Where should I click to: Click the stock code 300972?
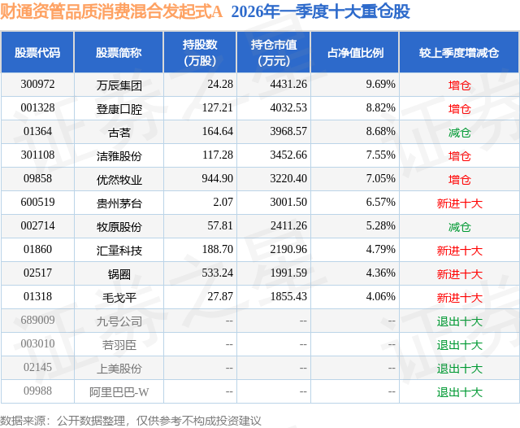click(37, 85)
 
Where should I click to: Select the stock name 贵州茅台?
click(119, 203)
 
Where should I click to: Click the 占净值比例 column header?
click(355, 53)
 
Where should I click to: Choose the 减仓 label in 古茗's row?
click(459, 132)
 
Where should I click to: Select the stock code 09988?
click(37, 391)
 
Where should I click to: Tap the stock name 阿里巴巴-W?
click(119, 392)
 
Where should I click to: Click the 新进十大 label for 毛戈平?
click(459, 298)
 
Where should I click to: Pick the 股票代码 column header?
click(37, 53)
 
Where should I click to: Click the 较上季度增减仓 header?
click(459, 53)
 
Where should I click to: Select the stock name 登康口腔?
click(119, 108)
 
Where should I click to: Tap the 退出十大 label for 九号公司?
click(459, 321)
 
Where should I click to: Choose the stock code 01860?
click(37, 251)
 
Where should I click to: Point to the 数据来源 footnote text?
click(131, 420)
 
